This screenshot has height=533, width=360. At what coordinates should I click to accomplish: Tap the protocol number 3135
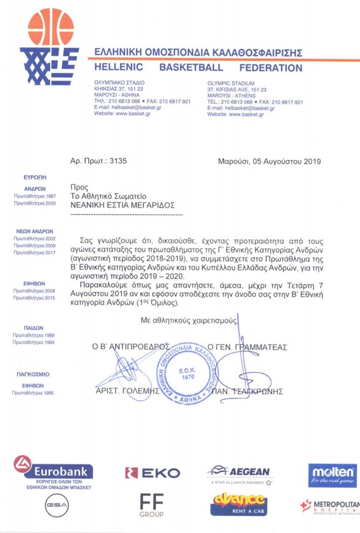(118, 162)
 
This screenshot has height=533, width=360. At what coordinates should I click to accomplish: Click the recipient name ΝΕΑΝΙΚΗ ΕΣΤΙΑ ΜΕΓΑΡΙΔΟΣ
(123, 204)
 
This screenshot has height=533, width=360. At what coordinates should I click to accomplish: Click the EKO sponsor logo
(153, 473)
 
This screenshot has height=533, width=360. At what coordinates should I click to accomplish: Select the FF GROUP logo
(152, 506)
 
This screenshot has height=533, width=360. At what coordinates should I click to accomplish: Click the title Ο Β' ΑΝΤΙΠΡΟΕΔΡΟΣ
(131, 346)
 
